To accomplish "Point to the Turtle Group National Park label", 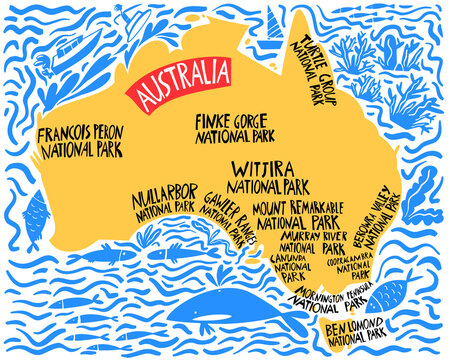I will [314, 71].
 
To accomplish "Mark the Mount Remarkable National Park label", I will [298, 215].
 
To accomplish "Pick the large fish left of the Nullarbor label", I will [32, 212].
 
